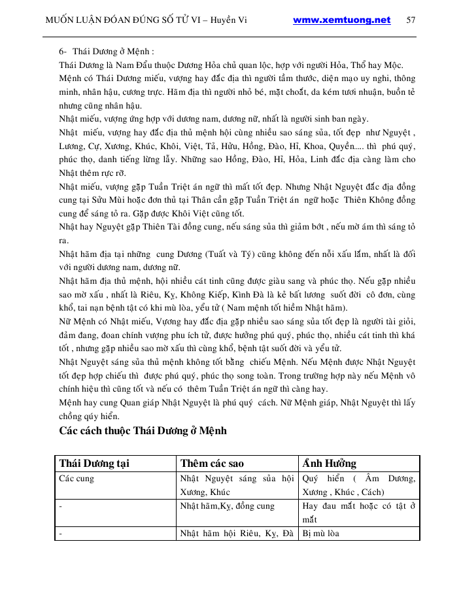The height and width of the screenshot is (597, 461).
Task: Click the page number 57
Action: point(411,20)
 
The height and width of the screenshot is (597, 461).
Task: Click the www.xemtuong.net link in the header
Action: point(341,20)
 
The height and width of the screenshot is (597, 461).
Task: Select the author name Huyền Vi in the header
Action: point(229,20)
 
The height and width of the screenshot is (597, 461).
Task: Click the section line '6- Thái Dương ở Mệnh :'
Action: point(106,50)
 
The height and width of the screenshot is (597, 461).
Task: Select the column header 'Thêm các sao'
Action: point(212,464)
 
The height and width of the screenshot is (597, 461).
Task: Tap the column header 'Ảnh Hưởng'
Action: point(329,464)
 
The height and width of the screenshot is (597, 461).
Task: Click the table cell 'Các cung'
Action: point(77,479)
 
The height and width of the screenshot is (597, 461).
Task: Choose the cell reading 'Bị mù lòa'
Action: point(321,533)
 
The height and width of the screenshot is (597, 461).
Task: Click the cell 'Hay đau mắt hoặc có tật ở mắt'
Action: point(359,512)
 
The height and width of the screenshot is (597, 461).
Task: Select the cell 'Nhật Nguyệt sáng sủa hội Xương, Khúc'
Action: point(238,485)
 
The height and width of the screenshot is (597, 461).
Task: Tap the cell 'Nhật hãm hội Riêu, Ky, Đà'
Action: point(237,533)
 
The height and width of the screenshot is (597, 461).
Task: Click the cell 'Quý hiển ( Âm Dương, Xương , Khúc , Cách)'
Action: point(359,485)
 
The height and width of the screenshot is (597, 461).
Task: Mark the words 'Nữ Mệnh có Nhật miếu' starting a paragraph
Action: point(105,322)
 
